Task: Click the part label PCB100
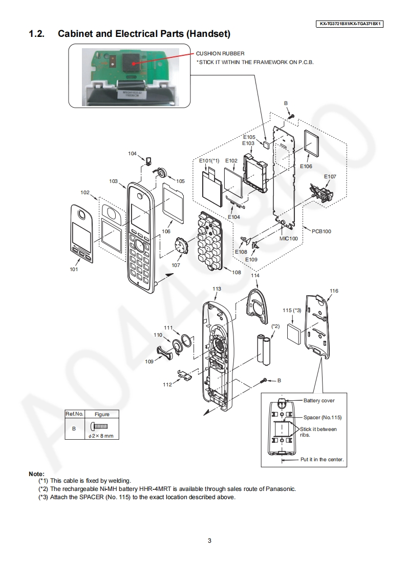(x=321, y=231)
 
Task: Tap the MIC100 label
(x=288, y=239)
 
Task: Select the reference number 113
(x=217, y=289)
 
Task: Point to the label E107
(x=330, y=176)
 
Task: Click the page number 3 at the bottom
(x=209, y=540)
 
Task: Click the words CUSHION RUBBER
(x=220, y=53)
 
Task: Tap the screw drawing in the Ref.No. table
(x=101, y=426)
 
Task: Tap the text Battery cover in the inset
(x=319, y=400)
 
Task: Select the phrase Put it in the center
(x=322, y=459)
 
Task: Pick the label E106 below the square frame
(x=306, y=167)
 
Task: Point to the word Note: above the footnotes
(x=36, y=474)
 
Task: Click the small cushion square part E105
(x=266, y=145)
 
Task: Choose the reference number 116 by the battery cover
(x=334, y=291)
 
